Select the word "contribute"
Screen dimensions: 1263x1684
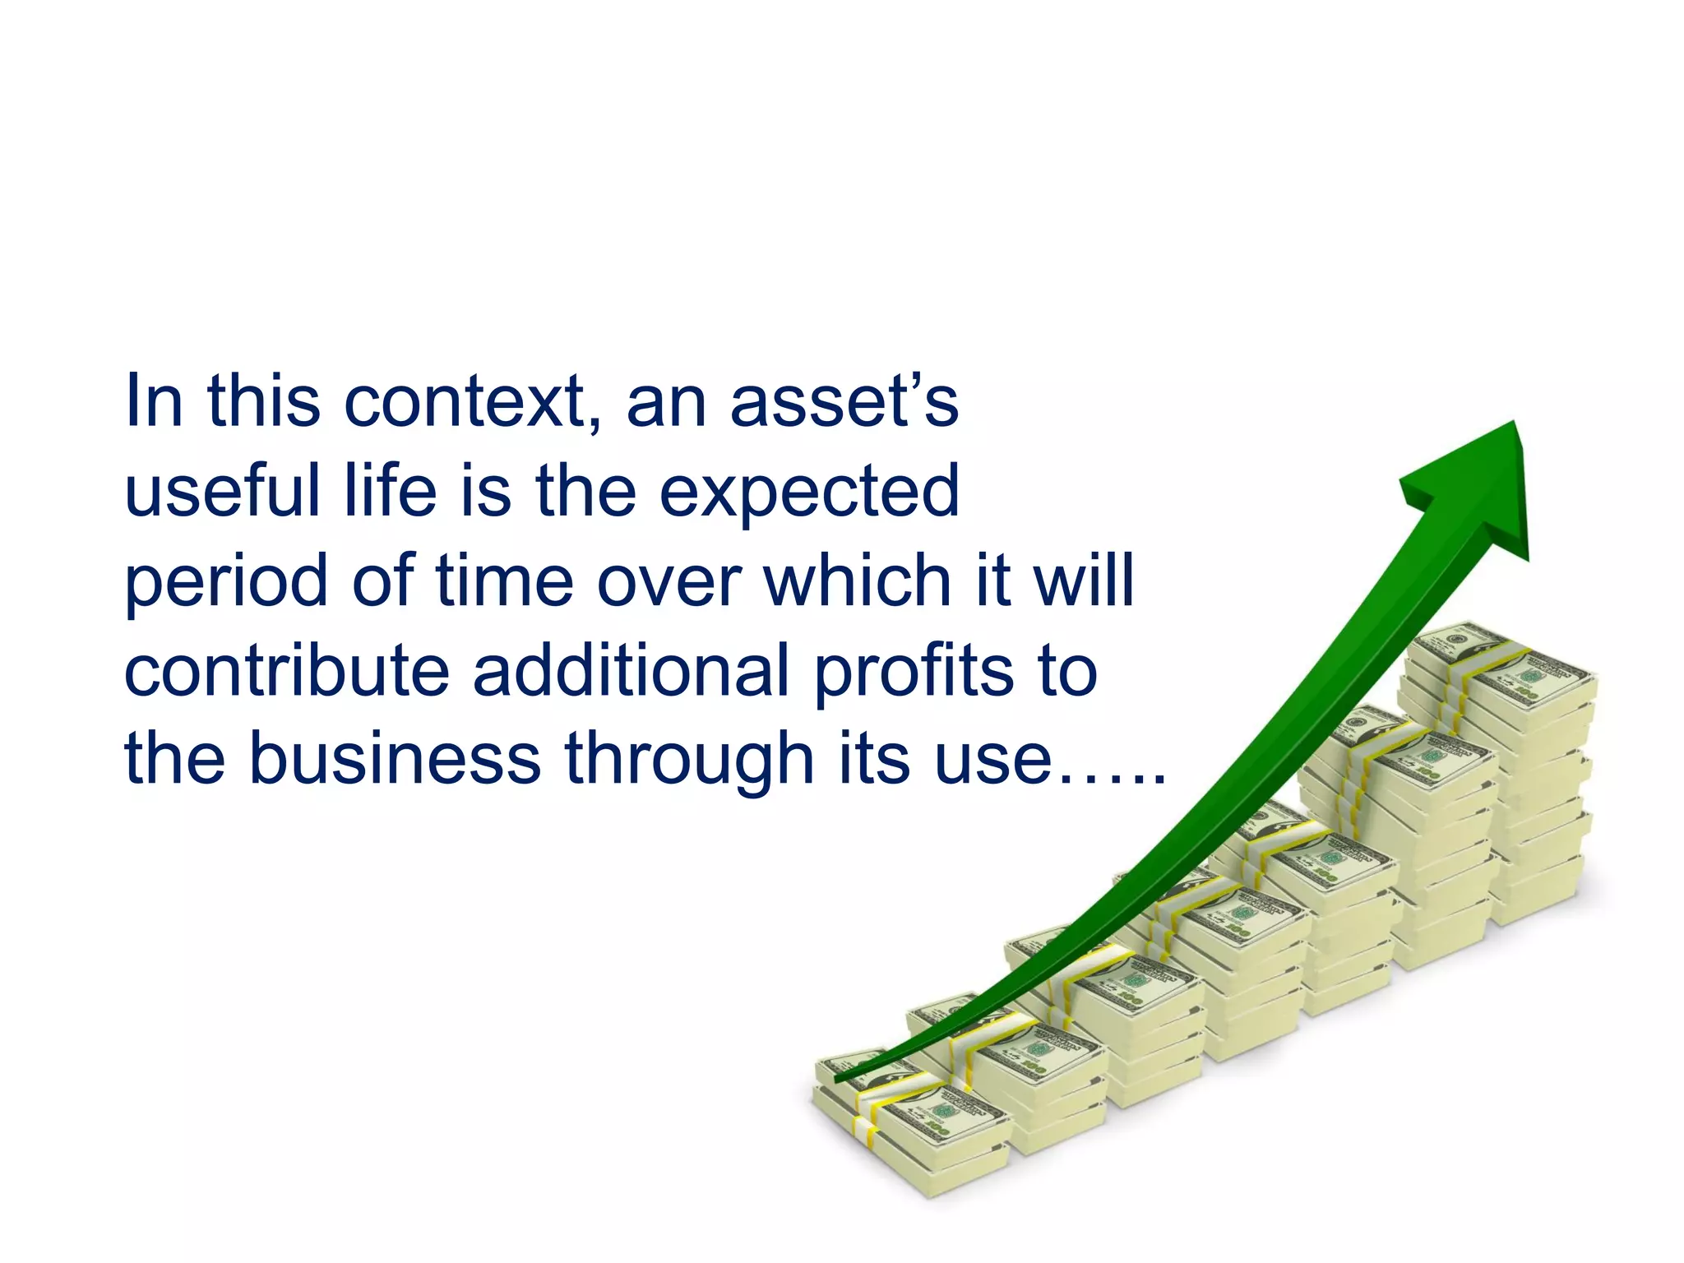click(x=286, y=670)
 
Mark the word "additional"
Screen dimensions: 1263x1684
click(x=631, y=670)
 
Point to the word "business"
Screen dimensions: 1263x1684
click(x=395, y=758)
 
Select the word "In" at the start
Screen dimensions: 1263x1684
click(x=153, y=403)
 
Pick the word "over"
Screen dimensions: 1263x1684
click(x=670, y=582)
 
